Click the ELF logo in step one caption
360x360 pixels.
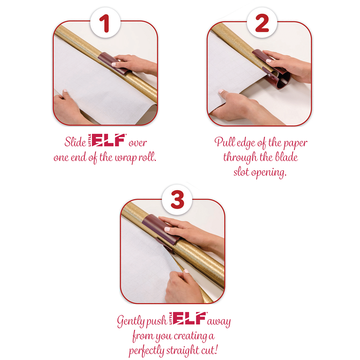pyautogui.click(x=108, y=140)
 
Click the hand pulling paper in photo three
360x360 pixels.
pyautogui.click(x=182, y=284)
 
